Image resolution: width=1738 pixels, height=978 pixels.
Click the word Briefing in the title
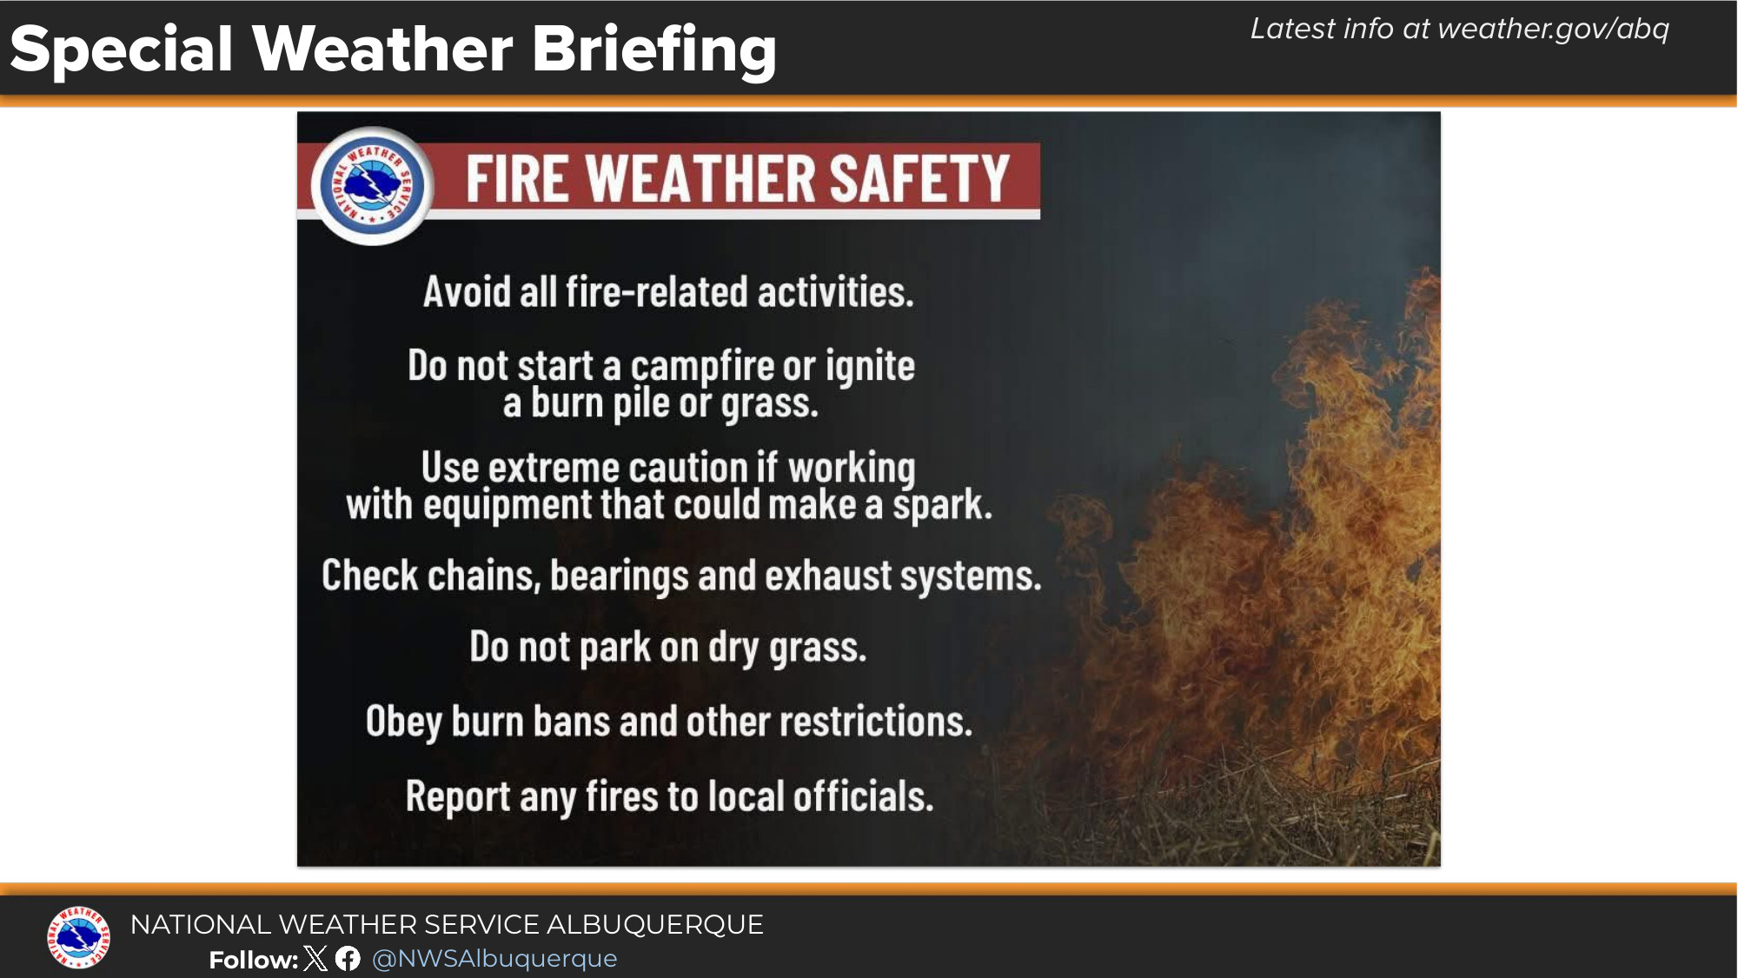(653, 50)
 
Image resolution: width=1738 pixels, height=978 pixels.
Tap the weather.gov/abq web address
(1553, 30)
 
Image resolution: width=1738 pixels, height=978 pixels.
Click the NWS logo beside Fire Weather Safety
(373, 185)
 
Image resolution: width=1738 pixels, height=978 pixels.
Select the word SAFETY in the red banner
(919, 178)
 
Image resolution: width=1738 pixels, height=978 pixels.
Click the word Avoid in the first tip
(467, 291)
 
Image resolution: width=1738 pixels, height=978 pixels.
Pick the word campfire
(702, 367)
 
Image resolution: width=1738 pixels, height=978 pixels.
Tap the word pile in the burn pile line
(641, 404)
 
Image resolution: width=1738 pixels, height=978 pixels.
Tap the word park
(615, 649)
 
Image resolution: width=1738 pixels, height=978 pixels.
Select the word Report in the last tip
(458, 797)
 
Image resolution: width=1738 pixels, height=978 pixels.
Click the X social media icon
(316, 958)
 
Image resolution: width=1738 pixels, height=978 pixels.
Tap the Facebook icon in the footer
(348, 958)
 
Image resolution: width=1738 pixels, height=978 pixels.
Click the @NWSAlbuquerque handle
(494, 958)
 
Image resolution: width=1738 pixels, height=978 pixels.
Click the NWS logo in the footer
(78, 937)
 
